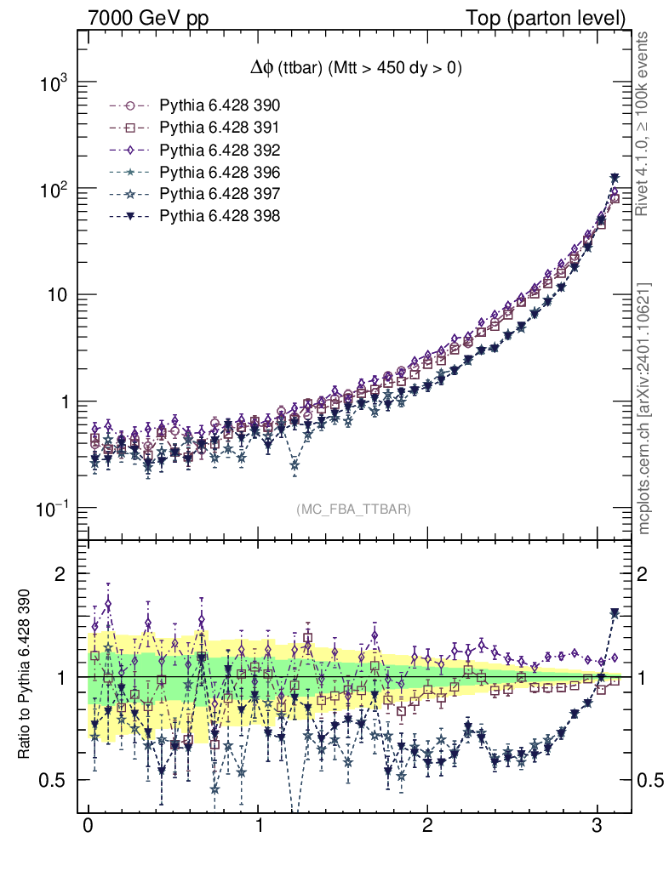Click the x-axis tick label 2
427,826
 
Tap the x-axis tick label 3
598,826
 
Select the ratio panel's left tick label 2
60,573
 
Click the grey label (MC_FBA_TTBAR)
354,510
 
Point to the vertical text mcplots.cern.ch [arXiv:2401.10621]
644,408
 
